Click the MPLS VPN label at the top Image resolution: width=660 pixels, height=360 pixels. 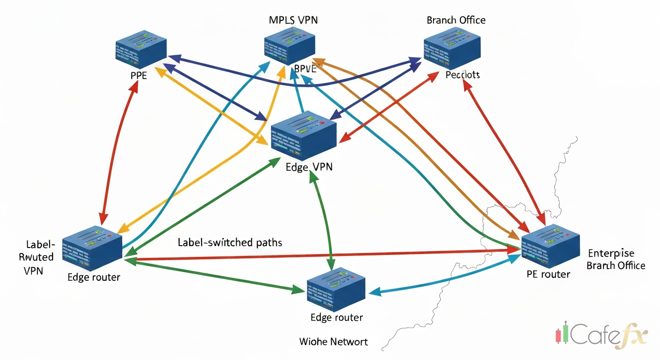coord(293,20)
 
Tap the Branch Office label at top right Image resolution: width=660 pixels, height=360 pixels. coord(456,20)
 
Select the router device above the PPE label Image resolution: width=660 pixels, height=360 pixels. coord(141,48)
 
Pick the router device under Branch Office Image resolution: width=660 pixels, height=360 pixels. coord(452,48)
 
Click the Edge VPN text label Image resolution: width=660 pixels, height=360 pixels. coord(309,166)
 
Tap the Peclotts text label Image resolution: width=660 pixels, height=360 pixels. coord(463,75)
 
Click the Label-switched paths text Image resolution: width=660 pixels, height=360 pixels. coord(230,242)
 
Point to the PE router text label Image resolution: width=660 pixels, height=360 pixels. coord(548,274)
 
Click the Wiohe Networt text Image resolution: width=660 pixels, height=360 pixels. coord(333,341)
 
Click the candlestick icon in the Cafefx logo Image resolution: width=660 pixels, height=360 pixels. coord(561,334)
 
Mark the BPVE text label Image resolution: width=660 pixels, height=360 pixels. coord(305,69)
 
